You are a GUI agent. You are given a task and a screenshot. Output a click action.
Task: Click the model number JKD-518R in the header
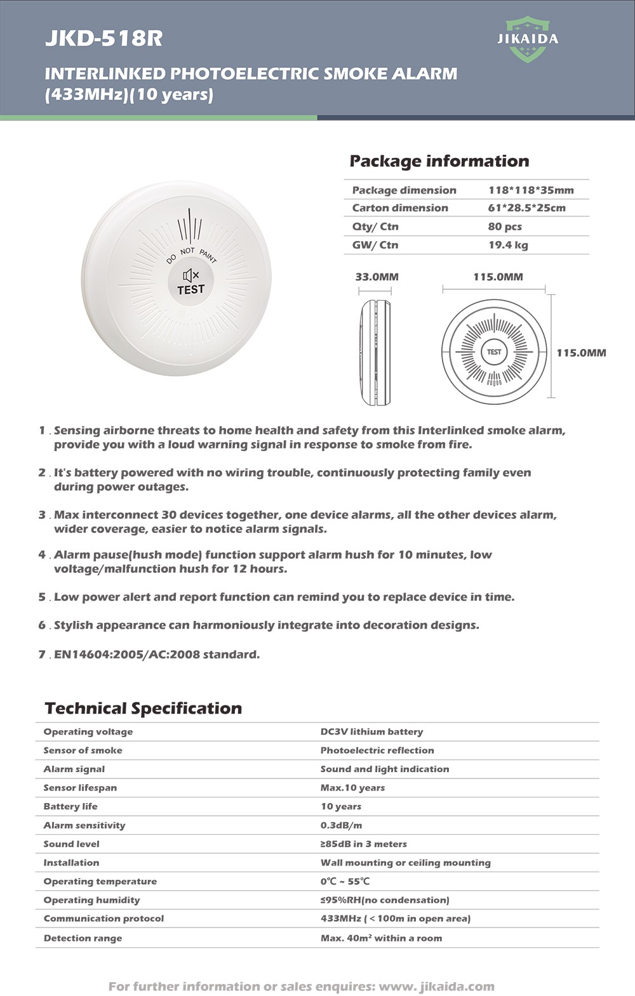(x=104, y=39)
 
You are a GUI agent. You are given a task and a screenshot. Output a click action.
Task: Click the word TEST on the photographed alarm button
(x=190, y=290)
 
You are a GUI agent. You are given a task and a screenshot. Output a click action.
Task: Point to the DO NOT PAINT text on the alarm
(x=190, y=253)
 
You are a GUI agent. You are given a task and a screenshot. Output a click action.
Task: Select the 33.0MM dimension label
(x=377, y=277)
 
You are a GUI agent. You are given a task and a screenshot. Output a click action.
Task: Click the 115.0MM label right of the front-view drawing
(x=581, y=353)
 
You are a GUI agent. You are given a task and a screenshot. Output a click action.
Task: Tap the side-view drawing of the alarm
(x=375, y=352)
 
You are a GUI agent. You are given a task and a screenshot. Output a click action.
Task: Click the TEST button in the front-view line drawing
(x=494, y=352)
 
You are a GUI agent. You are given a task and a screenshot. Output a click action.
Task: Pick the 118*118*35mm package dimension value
(x=531, y=190)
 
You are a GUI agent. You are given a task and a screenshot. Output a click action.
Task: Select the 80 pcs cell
(x=505, y=226)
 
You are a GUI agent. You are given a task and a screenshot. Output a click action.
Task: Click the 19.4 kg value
(x=508, y=245)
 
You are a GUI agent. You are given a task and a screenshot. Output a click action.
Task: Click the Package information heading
(x=439, y=161)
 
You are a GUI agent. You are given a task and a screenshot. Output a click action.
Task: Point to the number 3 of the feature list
(x=42, y=514)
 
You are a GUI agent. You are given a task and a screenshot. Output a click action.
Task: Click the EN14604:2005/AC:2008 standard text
(x=157, y=654)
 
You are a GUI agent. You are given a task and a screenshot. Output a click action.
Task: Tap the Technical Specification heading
(x=144, y=708)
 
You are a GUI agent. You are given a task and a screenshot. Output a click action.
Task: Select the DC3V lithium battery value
(x=371, y=731)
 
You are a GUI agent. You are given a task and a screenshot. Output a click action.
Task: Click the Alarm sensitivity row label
(x=84, y=825)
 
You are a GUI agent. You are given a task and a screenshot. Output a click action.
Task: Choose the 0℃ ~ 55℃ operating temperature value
(x=345, y=881)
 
